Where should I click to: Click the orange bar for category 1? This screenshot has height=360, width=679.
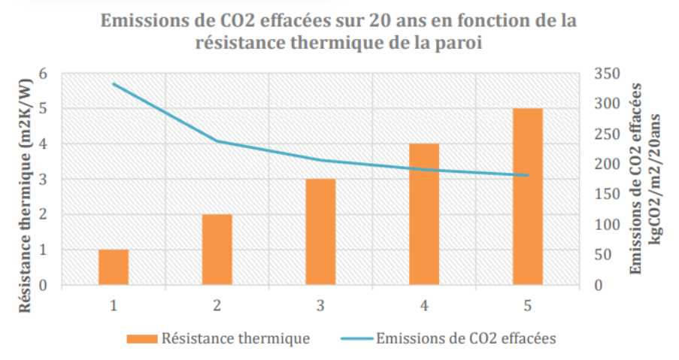(x=114, y=267)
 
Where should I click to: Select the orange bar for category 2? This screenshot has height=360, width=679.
(x=217, y=250)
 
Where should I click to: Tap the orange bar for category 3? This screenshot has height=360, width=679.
(x=320, y=231)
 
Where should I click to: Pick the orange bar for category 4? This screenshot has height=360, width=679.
(x=424, y=214)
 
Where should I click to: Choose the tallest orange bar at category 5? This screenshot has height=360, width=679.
(x=528, y=196)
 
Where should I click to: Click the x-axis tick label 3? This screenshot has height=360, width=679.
(x=320, y=306)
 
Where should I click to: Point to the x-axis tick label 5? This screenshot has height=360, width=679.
(x=528, y=306)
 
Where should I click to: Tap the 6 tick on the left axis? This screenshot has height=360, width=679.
(x=43, y=74)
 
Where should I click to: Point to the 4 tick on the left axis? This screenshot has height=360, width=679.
(x=43, y=144)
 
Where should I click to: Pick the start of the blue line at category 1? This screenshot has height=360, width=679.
(x=114, y=83)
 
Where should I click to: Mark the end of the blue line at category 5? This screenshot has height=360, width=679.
(x=528, y=176)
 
